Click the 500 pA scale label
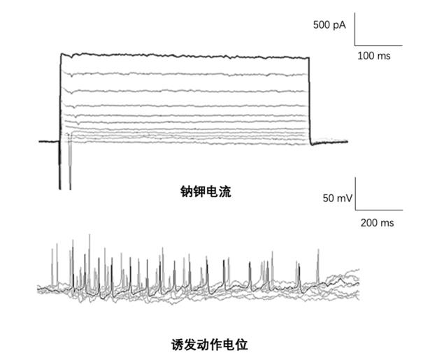tap(329, 25)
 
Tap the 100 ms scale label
tap(374, 55)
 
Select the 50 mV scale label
tap(338, 198)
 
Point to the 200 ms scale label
tap(376, 223)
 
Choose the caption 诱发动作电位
tap(210, 345)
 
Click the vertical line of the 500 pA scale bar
tap(355, 29)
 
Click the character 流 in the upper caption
tap(224, 191)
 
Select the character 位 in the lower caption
tap(242, 345)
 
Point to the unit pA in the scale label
tap(339, 25)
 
